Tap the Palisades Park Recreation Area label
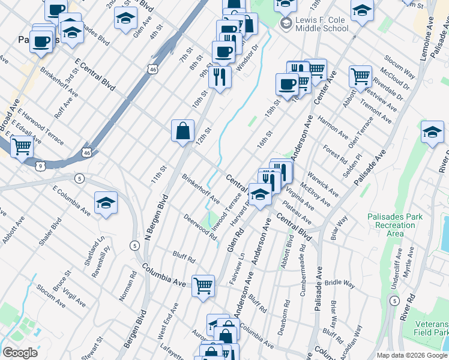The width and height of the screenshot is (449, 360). point(395,224)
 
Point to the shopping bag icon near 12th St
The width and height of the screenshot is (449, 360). point(182,131)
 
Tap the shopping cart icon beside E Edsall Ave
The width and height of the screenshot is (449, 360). point(22,145)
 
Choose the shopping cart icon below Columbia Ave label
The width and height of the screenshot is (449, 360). point(203,285)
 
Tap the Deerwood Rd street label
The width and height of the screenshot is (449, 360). point(200,227)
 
